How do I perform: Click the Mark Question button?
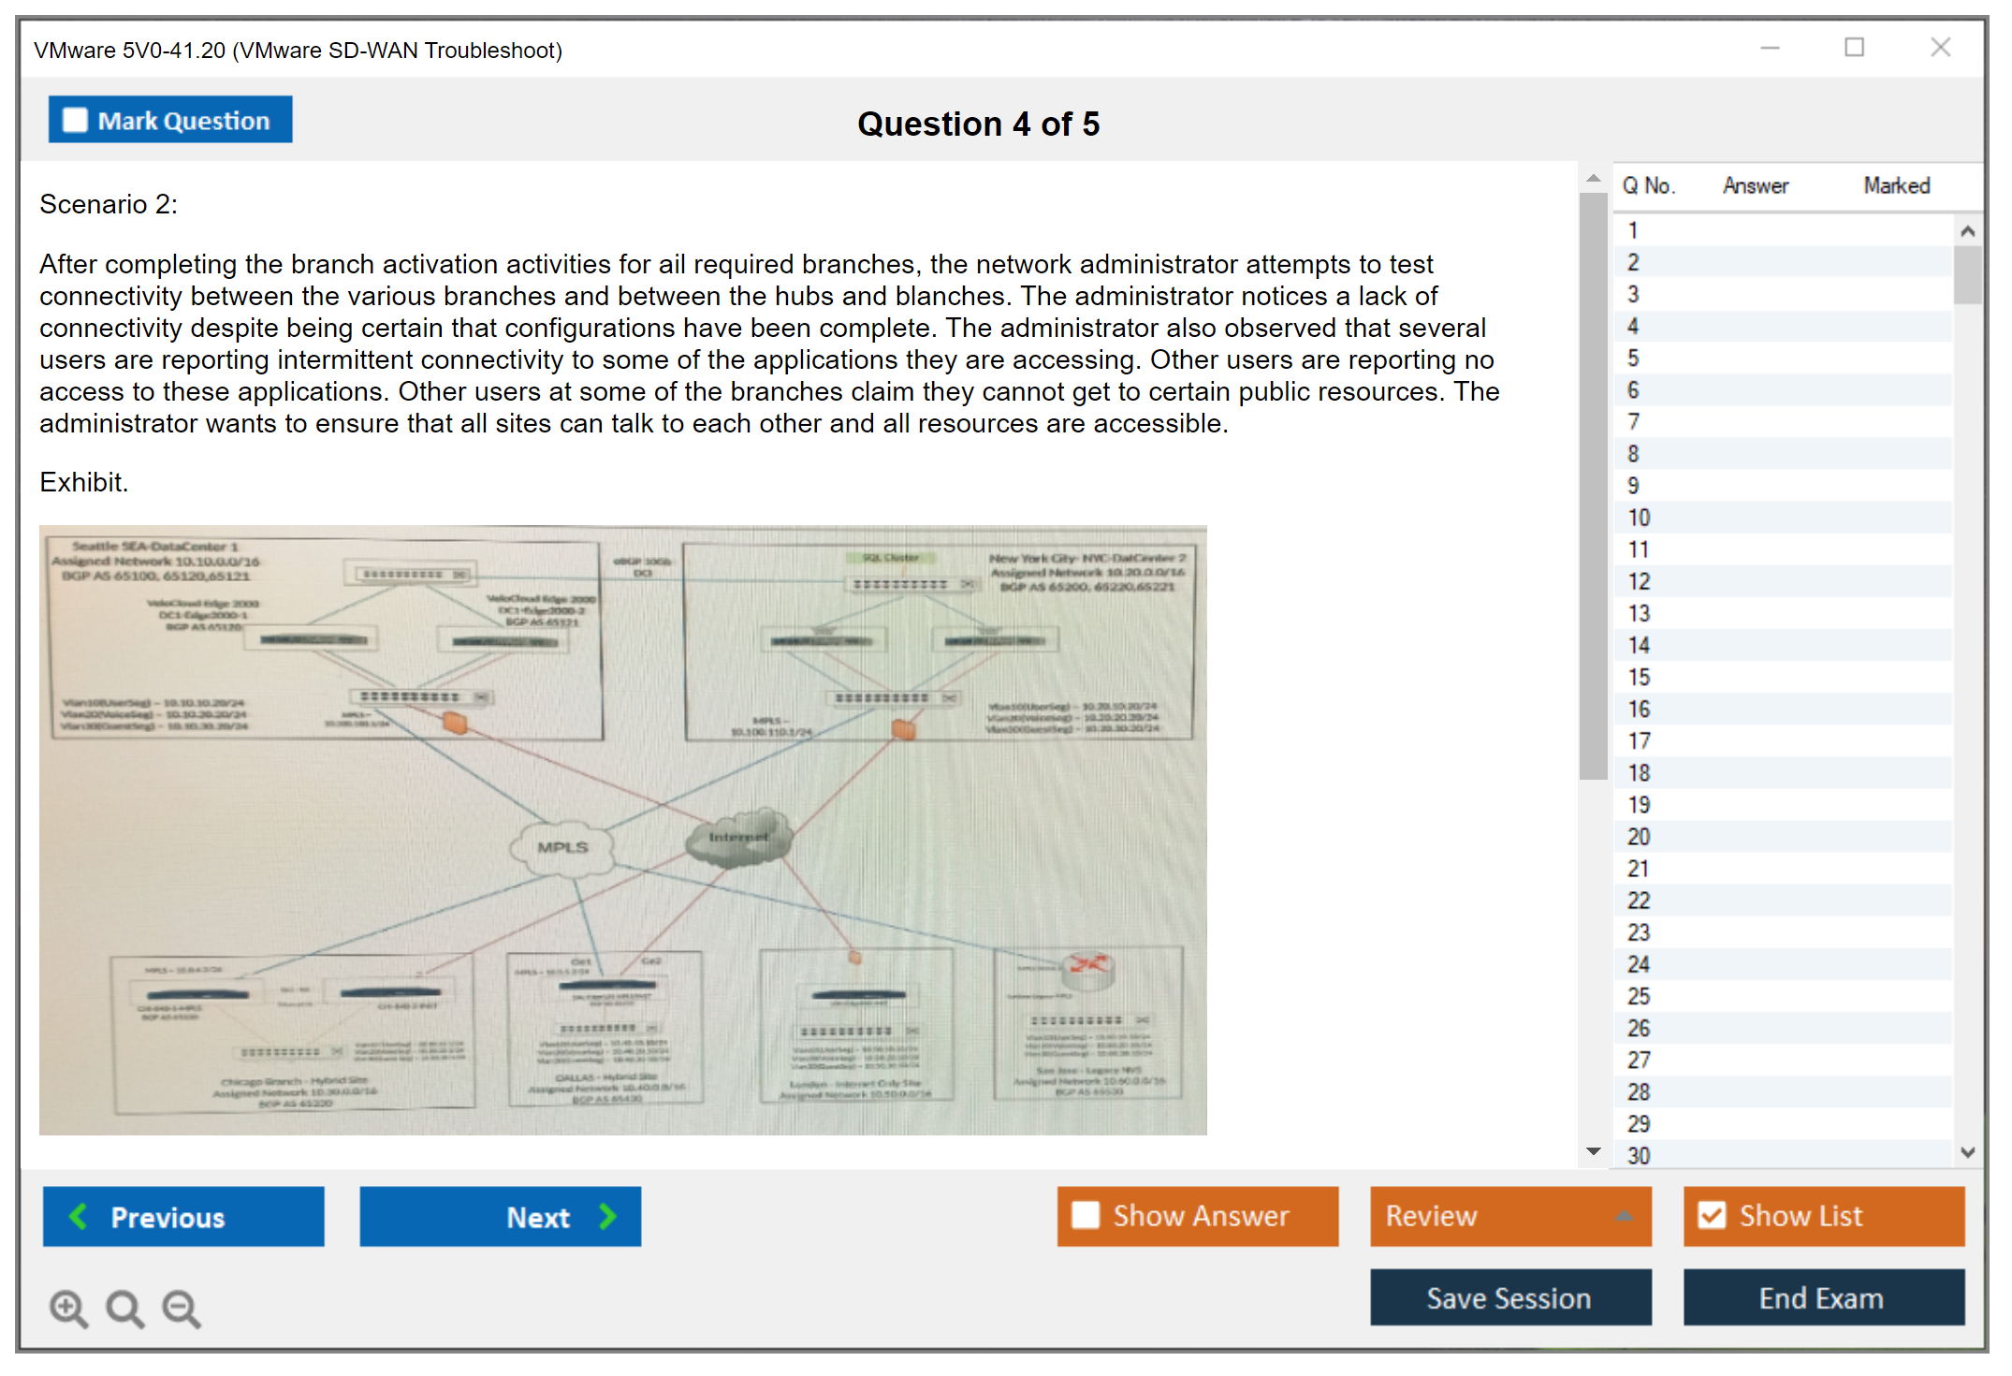(170, 120)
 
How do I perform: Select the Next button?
(500, 1217)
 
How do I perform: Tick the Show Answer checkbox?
(1086, 1216)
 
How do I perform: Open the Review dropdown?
(1509, 1216)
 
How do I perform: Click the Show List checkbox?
(1713, 1216)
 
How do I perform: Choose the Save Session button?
(1509, 1298)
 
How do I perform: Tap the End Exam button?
(1822, 1298)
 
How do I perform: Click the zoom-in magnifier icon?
(68, 1309)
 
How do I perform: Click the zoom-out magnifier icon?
(182, 1309)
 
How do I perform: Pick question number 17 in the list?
(1639, 741)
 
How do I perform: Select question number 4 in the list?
(1633, 327)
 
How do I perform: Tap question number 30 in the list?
(1639, 1156)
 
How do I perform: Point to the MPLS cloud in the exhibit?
(562, 847)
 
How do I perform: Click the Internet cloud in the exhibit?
(739, 837)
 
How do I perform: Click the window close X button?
(1941, 48)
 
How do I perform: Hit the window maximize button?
(1855, 48)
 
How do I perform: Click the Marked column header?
(1896, 186)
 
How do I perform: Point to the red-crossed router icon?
(1087, 965)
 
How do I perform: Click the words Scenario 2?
(109, 204)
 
